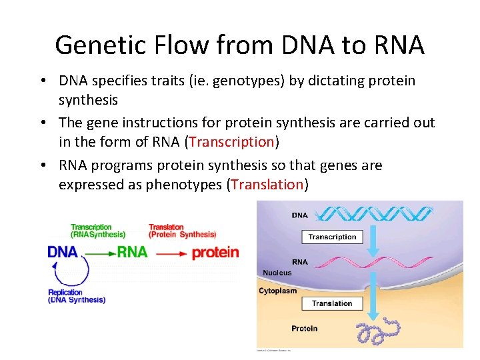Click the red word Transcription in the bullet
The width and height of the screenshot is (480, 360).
232,141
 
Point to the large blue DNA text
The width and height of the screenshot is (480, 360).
63,253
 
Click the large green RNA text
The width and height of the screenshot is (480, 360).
132,253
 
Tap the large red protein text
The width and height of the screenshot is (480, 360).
215,253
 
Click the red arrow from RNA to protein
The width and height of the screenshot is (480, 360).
171,253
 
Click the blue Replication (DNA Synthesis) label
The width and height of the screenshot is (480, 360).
76,296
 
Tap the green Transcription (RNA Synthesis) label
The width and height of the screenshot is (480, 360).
97,231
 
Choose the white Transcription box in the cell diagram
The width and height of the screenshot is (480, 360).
332,237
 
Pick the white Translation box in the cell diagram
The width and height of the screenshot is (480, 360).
331,303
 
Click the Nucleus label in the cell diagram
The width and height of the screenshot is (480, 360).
277,273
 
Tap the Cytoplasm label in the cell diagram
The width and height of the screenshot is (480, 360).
278,291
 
